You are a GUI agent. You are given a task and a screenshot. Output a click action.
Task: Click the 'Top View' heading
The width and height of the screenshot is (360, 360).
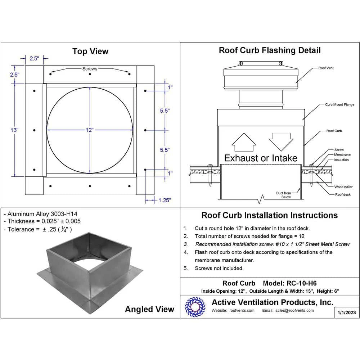tap(90, 51)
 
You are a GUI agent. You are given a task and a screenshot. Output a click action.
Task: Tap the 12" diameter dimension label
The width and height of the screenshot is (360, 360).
tap(90, 130)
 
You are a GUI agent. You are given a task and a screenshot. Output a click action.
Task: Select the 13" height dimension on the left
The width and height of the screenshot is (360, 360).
tap(14, 130)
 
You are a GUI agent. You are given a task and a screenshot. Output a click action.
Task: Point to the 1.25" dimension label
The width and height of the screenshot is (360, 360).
tap(164, 200)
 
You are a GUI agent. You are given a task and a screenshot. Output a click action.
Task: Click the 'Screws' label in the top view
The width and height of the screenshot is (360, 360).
tap(90, 68)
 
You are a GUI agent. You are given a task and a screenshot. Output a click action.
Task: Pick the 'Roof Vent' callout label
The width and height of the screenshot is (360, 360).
tap(326, 68)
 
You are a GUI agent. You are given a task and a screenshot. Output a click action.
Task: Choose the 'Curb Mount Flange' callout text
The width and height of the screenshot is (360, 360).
tap(339, 105)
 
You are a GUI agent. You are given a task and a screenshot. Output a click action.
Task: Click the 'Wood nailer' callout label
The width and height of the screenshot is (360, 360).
tap(343, 187)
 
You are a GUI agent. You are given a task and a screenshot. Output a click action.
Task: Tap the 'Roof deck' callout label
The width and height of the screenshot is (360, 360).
tap(343, 195)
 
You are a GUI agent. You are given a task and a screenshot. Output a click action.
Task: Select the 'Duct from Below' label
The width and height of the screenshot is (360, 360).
tap(283, 195)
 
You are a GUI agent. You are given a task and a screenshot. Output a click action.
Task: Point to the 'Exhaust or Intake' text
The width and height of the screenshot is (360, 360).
tap(261, 158)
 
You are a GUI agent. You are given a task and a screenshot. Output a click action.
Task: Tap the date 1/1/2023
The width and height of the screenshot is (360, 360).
tap(347, 312)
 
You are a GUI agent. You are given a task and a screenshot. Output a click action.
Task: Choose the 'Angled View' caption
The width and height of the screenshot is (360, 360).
tap(149, 309)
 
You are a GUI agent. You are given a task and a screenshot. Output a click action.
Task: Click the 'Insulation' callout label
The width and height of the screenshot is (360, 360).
tap(341, 160)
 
